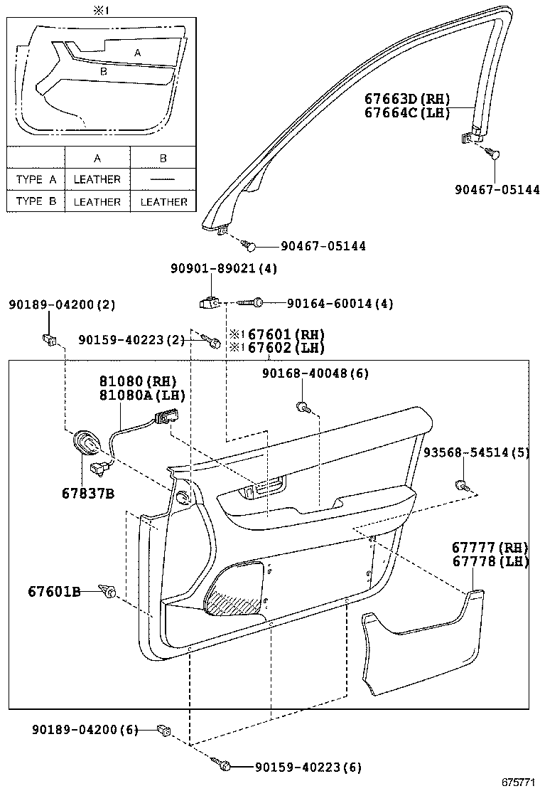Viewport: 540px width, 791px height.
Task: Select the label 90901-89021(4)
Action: coord(224,269)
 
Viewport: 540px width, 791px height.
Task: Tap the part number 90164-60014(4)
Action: coord(340,304)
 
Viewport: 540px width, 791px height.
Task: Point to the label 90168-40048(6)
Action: coord(315,373)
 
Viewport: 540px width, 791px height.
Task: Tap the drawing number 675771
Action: coord(519,782)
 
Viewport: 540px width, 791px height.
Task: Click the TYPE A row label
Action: coord(36,179)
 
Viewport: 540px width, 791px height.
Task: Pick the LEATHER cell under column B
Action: coord(163,202)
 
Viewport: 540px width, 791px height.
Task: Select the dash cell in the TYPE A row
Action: coord(163,179)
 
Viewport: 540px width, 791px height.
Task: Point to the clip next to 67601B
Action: coord(109,590)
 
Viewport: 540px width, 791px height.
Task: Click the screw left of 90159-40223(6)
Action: coord(222,765)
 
